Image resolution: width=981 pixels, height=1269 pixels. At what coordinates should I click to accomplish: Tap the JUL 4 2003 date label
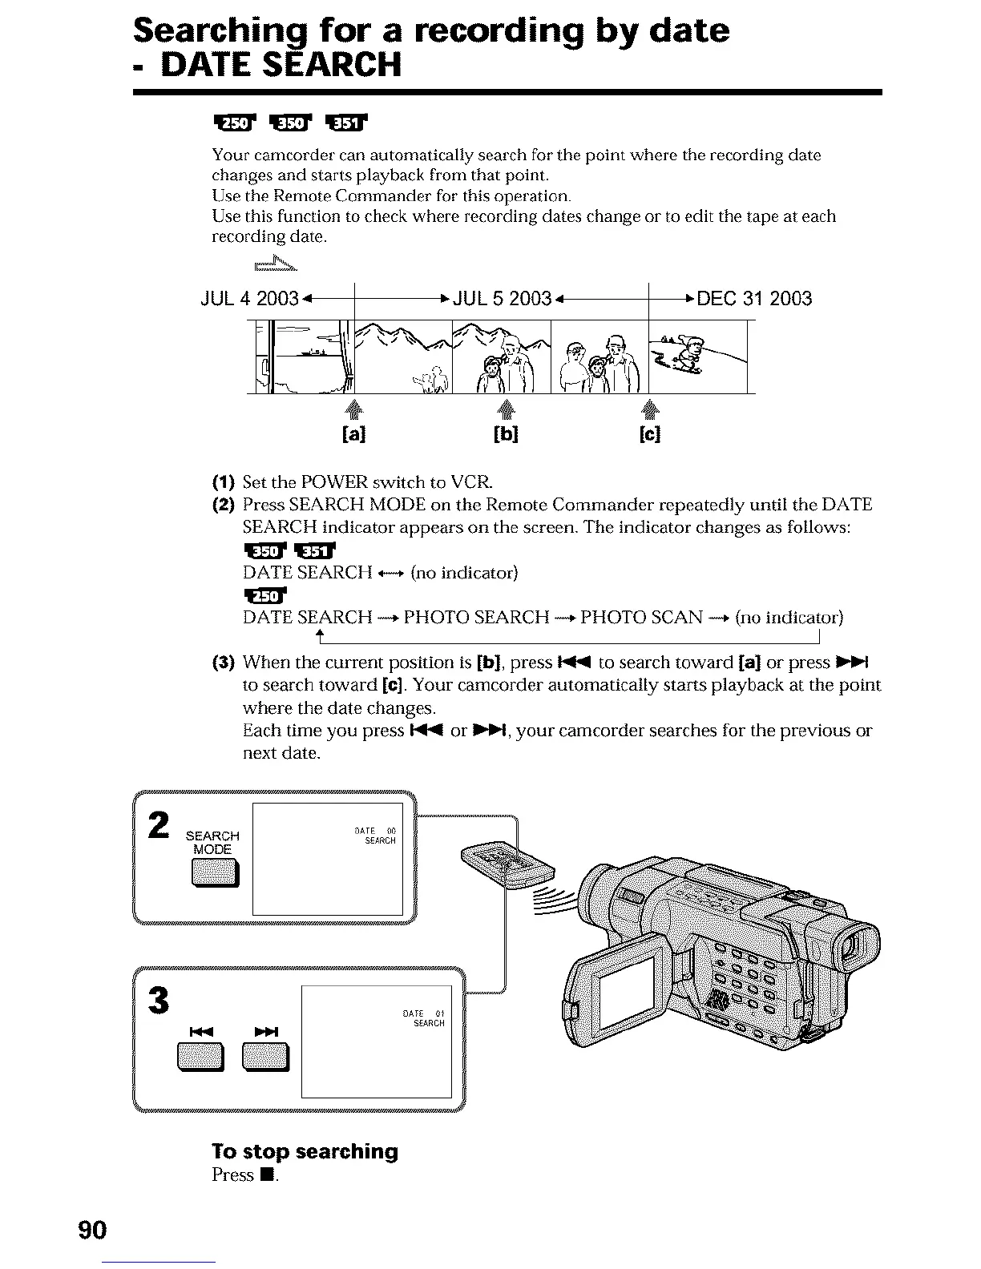point(249,299)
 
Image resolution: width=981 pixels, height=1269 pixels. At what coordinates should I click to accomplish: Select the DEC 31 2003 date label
point(754,299)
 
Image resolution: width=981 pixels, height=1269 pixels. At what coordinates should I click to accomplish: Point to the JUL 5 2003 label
point(503,299)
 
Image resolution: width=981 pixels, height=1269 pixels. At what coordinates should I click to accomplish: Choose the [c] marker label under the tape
point(650,434)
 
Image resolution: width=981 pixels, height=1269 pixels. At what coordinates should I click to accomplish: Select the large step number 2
point(159,825)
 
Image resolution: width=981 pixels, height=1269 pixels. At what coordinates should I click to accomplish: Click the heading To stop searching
point(305,1151)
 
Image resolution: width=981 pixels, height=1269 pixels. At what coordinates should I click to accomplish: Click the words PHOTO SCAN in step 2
point(641,617)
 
